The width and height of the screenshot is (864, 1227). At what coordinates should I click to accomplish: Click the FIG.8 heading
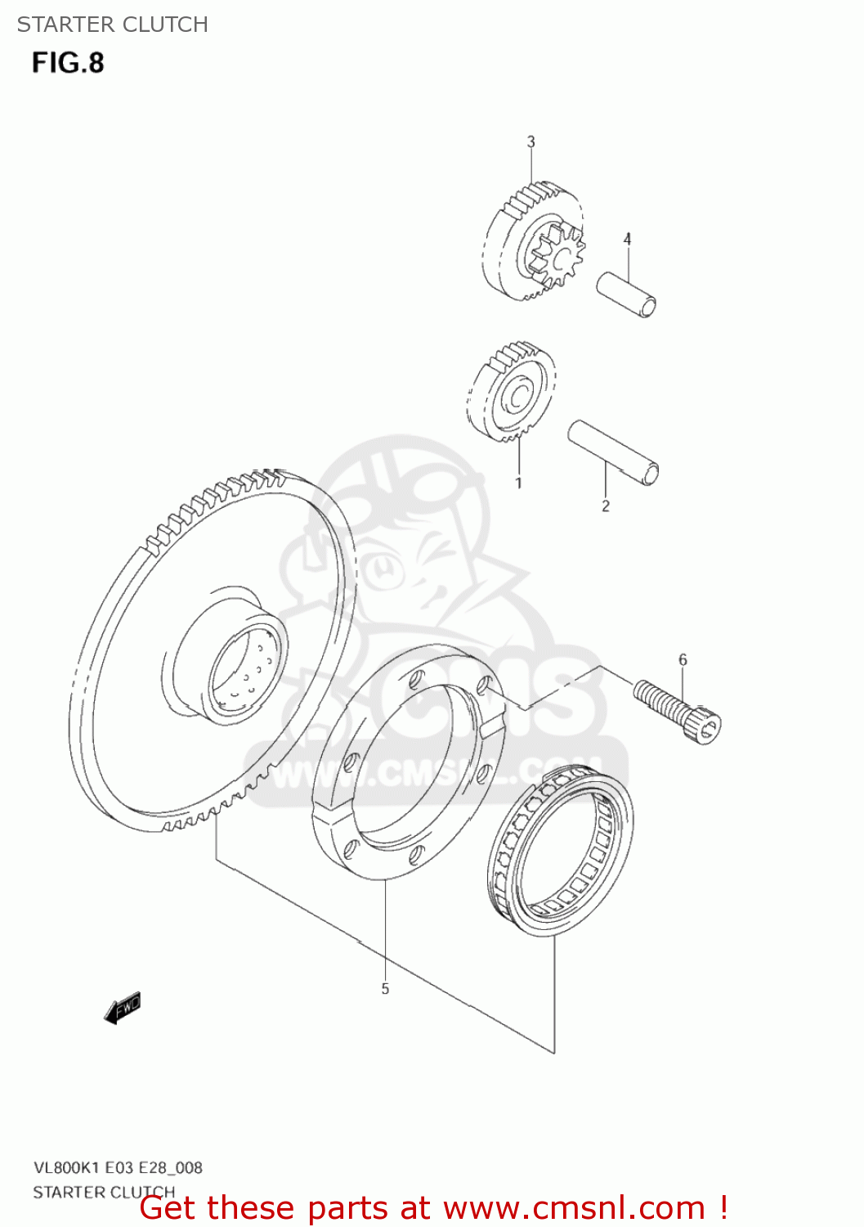[x=69, y=63]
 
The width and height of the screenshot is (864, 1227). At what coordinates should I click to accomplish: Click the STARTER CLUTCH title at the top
[x=113, y=25]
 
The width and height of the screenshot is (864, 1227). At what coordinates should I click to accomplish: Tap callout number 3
[x=530, y=142]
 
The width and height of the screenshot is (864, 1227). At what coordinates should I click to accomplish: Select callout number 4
[x=627, y=239]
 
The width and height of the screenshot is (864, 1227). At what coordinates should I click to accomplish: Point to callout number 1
[x=518, y=483]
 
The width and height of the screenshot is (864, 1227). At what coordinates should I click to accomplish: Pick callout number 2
[x=605, y=506]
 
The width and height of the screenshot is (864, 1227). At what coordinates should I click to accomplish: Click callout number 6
[x=683, y=659]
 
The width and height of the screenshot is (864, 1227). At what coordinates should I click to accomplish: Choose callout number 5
[x=385, y=988]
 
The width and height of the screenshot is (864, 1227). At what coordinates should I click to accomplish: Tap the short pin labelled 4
[x=626, y=294]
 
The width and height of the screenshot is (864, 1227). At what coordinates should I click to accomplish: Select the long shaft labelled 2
[x=614, y=452]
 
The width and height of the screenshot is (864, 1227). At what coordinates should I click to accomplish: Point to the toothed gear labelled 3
[x=531, y=242]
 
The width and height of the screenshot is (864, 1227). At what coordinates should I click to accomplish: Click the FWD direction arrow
[x=123, y=1009]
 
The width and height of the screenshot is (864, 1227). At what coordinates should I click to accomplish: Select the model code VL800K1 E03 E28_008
[x=118, y=1167]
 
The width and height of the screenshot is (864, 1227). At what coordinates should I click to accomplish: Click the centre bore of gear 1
[x=517, y=397]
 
